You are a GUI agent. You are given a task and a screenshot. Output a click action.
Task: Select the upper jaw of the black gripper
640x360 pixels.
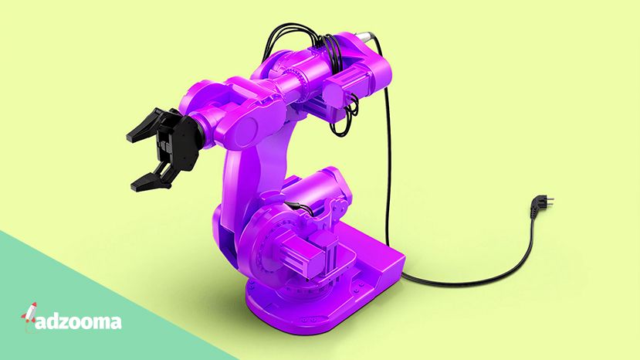click(x=149, y=124)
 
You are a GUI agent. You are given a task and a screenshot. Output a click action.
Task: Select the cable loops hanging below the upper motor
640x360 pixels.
click(x=345, y=117)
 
